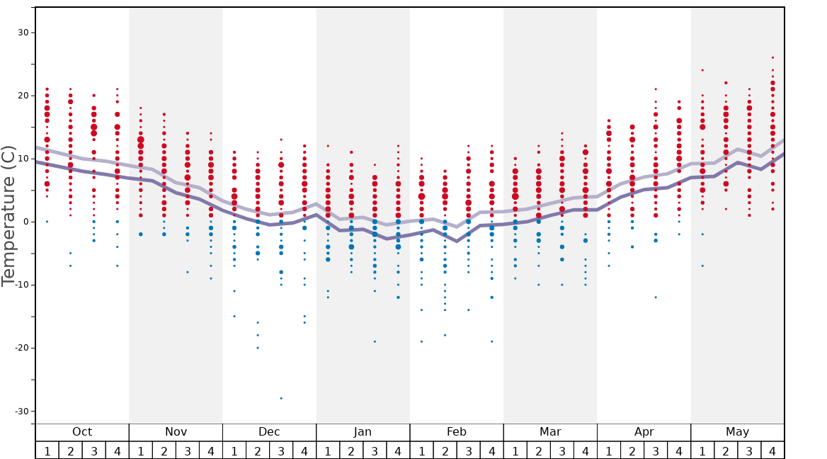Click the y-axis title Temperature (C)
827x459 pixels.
tap(8, 216)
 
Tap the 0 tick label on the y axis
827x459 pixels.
tap(25, 222)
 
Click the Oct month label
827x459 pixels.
tap(82, 432)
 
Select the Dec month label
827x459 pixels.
tap(269, 432)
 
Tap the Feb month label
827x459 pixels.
tap(457, 432)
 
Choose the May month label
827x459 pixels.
tap(737, 432)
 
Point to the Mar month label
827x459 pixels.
tap(550, 432)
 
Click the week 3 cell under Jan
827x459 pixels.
tap(375, 450)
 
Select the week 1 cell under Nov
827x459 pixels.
tap(141, 450)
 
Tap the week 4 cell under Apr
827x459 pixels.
tap(679, 450)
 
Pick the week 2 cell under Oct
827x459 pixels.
tap(70, 450)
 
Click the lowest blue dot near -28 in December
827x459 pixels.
tap(281, 398)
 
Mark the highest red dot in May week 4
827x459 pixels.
tap(772, 57)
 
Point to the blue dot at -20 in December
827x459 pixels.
tap(258, 348)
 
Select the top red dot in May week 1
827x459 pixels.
tap(702, 70)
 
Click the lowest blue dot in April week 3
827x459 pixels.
tap(656, 297)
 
